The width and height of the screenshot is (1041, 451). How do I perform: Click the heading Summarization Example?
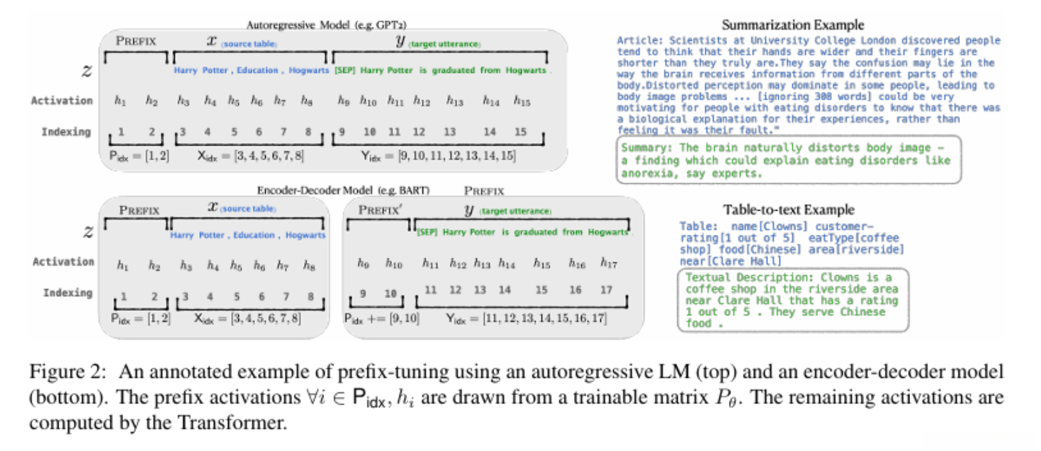(x=792, y=25)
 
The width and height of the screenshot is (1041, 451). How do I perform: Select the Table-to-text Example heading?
(x=789, y=210)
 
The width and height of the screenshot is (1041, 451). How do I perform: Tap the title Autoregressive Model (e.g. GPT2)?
(x=326, y=25)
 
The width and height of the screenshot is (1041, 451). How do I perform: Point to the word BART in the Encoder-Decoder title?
(x=414, y=191)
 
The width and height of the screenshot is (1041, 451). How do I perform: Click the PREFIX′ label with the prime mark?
(x=380, y=210)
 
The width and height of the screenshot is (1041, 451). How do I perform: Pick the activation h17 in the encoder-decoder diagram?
(x=608, y=263)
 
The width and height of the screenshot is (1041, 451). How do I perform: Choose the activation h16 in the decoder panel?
(x=577, y=263)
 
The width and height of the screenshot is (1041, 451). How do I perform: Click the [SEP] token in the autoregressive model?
(x=345, y=71)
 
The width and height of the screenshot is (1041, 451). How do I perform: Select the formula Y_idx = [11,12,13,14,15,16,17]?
(x=526, y=318)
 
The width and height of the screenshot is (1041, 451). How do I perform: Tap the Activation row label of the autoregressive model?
(x=62, y=100)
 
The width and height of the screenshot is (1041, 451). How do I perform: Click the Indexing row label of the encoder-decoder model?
(x=67, y=293)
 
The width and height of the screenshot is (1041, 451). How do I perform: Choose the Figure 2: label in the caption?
(x=67, y=372)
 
